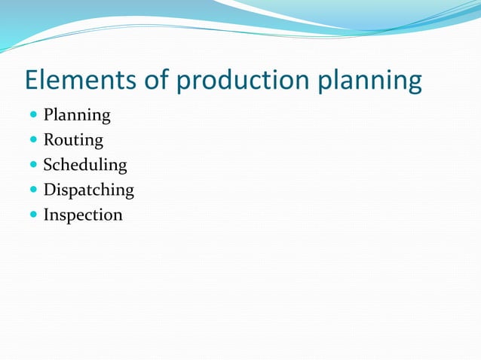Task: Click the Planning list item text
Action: pos(77,116)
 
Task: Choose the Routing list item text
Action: pos(73,141)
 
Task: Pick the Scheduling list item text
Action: pos(85,166)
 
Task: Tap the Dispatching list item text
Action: pos(88,191)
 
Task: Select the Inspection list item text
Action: pos(83,215)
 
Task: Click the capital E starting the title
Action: pos(32,81)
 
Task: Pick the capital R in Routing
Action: pos(49,140)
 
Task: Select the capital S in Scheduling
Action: pos(48,165)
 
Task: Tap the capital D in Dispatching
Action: pos(50,190)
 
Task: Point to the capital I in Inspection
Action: pos(47,215)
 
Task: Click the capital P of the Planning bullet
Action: pos(48,115)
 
